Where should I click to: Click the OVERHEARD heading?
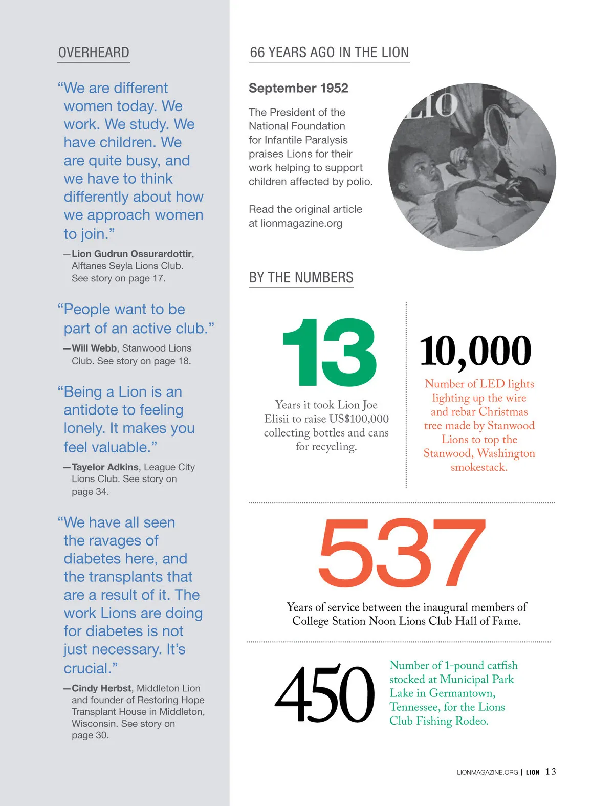[94, 53]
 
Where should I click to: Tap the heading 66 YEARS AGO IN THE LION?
[329, 52]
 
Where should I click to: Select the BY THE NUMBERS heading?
[301, 277]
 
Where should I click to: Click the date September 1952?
[298, 88]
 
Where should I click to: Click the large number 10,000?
[475, 352]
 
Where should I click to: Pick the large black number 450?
[325, 694]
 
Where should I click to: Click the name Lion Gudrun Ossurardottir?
[132, 254]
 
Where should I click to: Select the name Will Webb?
[94, 348]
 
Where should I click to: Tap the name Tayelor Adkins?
[105, 467]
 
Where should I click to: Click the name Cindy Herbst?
[101, 688]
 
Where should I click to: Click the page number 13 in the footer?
[551, 772]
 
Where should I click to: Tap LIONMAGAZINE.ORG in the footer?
[487, 772]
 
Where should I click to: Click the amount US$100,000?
[359, 419]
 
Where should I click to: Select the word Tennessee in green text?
[414, 707]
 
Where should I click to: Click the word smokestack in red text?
[478, 467]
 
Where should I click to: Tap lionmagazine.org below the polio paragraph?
[301, 223]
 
